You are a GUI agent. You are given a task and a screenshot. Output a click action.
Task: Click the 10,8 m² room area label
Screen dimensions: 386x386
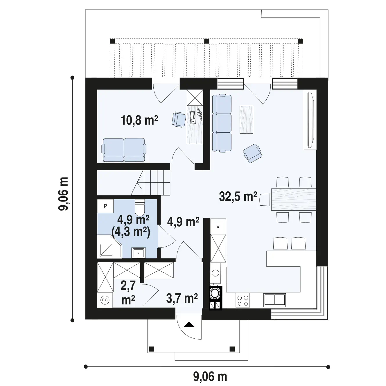(139, 120)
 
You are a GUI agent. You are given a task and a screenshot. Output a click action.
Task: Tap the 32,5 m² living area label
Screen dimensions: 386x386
(238, 197)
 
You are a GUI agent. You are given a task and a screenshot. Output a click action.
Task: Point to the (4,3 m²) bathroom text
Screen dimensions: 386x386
(131, 232)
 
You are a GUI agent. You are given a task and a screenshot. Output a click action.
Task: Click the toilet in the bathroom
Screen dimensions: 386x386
(139, 207)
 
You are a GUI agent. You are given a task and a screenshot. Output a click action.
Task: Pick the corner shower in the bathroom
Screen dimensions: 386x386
(110, 246)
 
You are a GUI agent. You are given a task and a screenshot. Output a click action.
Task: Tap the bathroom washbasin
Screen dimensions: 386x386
(139, 253)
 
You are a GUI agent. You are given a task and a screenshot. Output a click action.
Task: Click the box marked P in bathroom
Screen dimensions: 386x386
(105, 206)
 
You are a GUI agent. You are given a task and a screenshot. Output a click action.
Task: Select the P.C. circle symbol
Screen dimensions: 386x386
(105, 300)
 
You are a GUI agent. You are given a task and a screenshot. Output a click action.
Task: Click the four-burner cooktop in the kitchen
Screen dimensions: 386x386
(243, 300)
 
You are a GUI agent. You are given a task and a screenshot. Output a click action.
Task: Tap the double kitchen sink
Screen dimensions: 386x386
(274, 300)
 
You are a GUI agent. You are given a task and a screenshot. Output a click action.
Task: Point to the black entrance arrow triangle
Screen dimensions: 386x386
(189, 324)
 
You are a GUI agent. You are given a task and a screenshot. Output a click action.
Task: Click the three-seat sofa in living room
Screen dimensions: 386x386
(222, 123)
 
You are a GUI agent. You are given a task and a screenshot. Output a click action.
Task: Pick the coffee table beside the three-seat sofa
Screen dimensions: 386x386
(246, 120)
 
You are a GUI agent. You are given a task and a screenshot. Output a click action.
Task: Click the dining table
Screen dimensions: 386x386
(294, 199)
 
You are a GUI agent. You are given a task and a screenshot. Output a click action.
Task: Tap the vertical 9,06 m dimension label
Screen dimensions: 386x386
(63, 194)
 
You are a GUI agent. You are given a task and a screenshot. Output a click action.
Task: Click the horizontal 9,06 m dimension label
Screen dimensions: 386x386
(210, 376)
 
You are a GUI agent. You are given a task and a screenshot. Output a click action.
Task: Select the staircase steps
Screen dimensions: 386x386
(151, 182)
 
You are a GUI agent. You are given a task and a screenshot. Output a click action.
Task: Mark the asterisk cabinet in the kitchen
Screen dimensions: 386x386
(218, 227)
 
